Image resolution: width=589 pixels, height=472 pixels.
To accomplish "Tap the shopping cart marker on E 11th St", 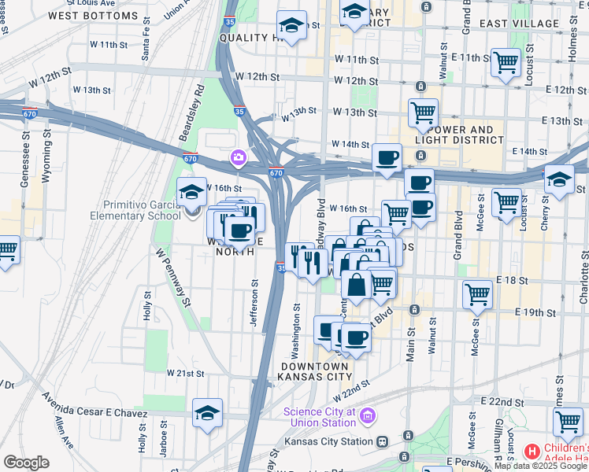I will click(x=505, y=62).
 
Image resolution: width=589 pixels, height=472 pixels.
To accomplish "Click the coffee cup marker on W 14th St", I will click(x=387, y=157).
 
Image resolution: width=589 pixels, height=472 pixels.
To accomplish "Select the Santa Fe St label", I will click(x=146, y=46).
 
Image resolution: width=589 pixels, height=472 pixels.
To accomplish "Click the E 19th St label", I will click(x=535, y=312).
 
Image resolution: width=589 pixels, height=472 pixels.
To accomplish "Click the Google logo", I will click(x=26, y=463).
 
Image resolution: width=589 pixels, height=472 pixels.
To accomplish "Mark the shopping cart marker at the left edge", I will click(x=6, y=250).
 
